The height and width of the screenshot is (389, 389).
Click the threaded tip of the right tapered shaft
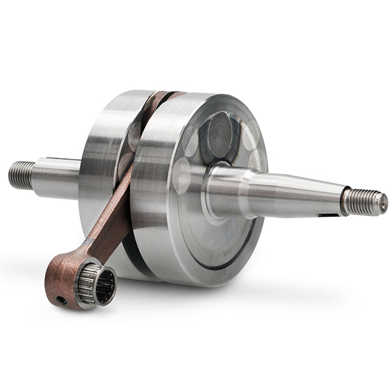coord(363,202)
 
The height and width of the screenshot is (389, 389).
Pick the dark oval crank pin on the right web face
coord(219,137)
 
